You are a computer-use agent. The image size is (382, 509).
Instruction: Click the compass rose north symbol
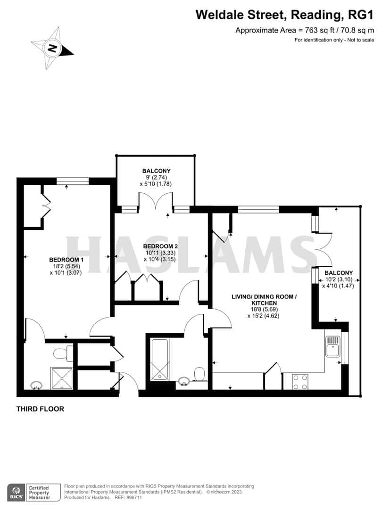click(52, 48)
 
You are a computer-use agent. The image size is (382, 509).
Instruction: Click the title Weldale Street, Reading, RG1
click(284, 15)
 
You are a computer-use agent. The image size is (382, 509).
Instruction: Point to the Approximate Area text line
click(305, 31)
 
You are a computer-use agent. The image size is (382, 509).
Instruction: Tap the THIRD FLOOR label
click(40, 409)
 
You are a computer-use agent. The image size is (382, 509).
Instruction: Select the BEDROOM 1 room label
click(66, 260)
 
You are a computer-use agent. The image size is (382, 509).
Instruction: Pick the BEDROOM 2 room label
click(160, 246)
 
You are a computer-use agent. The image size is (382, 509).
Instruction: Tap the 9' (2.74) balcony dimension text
click(156, 177)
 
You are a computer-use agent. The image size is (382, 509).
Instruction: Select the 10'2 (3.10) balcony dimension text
click(337, 279)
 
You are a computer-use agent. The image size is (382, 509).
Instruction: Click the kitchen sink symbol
click(333, 346)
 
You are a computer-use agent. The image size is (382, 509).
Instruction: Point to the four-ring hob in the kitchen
click(300, 381)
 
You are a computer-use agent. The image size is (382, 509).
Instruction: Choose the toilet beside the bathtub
click(199, 375)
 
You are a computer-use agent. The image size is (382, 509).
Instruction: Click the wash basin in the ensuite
click(36, 386)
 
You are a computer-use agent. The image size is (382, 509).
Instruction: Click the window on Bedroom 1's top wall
click(73, 181)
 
